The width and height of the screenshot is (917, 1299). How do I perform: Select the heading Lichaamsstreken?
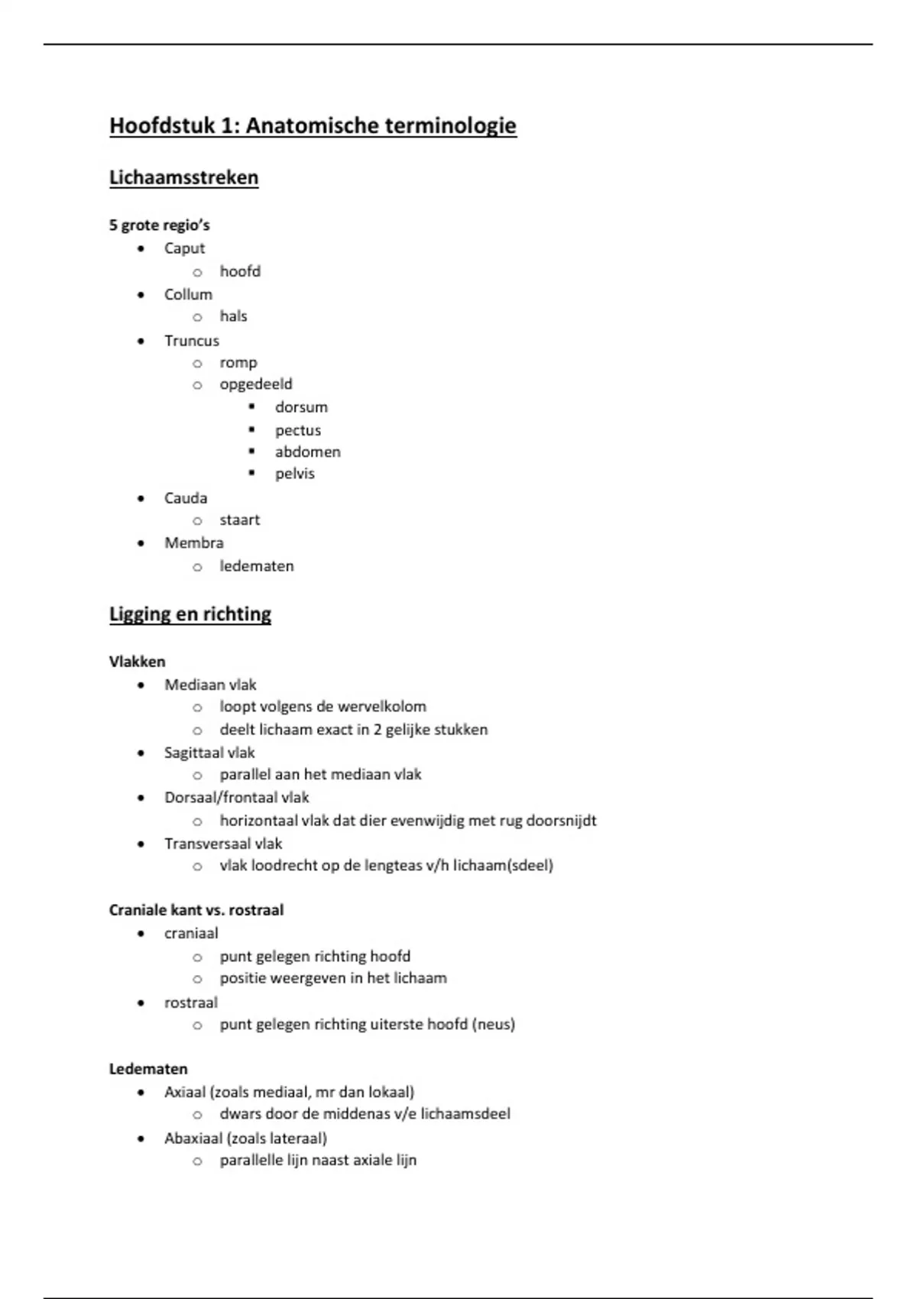(x=183, y=177)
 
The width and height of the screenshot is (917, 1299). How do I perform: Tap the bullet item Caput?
(x=184, y=248)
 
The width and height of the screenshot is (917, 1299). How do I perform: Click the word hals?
(x=233, y=316)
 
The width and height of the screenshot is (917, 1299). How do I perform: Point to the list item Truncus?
(x=191, y=341)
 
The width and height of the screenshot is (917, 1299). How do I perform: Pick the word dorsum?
(x=301, y=407)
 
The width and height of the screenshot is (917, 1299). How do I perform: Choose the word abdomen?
(x=307, y=452)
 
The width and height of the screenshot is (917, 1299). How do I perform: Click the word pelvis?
(x=294, y=474)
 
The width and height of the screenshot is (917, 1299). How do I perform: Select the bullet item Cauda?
(x=186, y=498)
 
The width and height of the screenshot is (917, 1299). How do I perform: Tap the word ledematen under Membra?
(x=257, y=566)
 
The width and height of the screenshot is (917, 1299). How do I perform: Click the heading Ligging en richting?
(x=190, y=614)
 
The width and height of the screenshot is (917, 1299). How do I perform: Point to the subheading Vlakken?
(x=137, y=662)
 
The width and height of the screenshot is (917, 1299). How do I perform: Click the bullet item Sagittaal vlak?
(x=209, y=753)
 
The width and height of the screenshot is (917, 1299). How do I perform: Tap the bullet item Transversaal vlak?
(x=223, y=844)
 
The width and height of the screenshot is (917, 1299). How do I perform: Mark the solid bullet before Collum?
(x=141, y=295)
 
